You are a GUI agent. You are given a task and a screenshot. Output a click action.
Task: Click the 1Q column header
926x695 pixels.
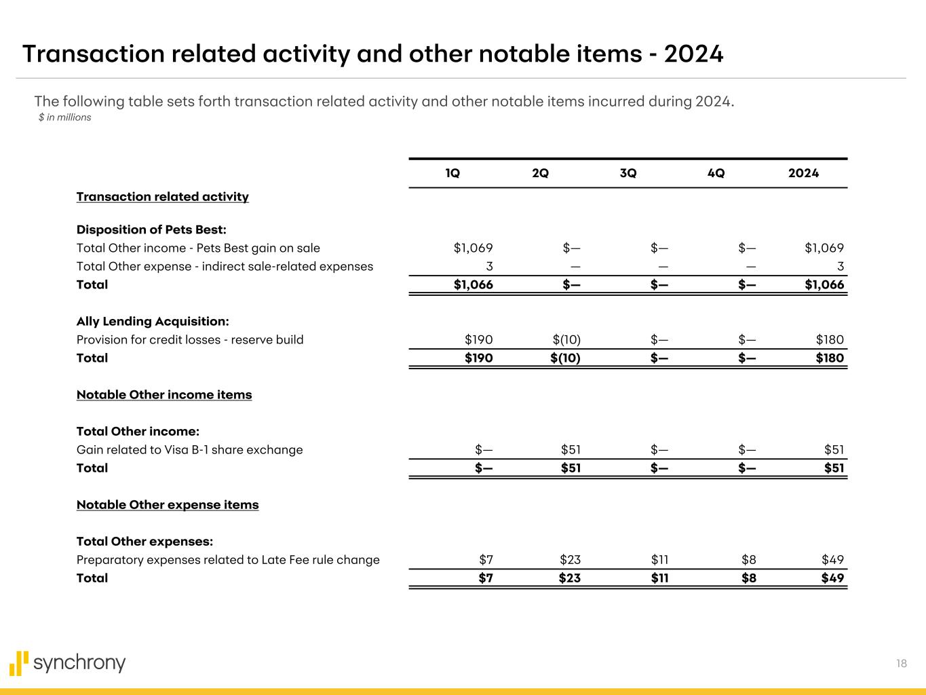tap(452, 173)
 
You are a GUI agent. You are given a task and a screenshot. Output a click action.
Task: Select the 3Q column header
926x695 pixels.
tap(628, 173)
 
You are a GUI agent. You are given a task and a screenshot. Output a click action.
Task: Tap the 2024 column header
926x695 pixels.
tap(803, 173)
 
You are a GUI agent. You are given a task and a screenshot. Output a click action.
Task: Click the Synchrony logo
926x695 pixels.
tap(68, 663)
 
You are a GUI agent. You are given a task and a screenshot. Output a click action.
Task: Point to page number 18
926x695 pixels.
tap(901, 664)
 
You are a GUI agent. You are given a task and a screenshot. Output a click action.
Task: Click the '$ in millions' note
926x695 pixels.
tap(65, 117)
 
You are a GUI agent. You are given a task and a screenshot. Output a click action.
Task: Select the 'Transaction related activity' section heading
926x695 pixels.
tap(162, 197)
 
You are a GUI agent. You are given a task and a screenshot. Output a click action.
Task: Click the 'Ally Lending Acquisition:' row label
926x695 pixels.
tap(153, 321)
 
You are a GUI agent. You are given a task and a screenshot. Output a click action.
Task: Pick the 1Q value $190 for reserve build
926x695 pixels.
tap(478, 339)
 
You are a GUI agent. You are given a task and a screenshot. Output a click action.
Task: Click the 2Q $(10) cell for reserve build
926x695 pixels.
tap(566, 339)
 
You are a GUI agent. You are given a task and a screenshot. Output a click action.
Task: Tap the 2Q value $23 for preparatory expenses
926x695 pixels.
tap(570, 560)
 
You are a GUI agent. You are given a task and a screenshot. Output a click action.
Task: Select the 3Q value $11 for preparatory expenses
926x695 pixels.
tap(659, 560)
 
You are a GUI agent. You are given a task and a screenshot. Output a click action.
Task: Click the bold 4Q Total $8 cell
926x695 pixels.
tap(748, 578)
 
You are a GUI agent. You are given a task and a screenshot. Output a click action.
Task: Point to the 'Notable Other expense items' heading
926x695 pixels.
tap(168, 505)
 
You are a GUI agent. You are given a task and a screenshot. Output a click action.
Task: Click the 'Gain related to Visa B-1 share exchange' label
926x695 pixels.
tap(189, 449)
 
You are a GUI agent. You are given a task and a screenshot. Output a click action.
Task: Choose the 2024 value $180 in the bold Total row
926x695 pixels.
tap(830, 358)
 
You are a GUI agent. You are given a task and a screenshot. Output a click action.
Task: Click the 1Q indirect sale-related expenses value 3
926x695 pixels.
tap(488, 266)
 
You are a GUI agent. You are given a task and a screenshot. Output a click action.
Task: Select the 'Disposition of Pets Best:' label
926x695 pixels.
tap(151, 229)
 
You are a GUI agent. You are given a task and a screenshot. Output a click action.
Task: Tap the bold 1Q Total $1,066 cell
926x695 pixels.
tap(473, 284)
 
